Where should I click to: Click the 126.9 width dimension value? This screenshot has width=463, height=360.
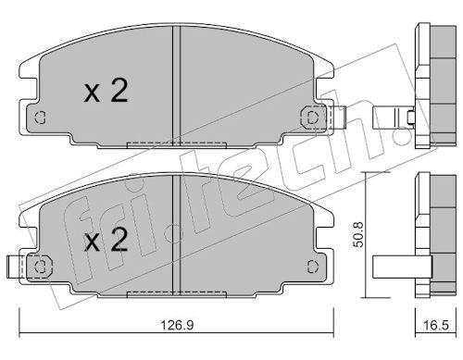click(x=178, y=325)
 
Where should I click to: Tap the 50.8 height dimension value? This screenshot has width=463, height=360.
click(x=358, y=234)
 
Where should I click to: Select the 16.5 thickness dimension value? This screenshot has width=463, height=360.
click(x=436, y=325)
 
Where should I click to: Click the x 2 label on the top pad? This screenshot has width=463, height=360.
click(x=106, y=90)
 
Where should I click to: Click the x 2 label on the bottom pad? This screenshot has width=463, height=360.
click(x=106, y=240)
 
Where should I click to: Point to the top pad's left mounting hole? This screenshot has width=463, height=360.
click(x=40, y=118)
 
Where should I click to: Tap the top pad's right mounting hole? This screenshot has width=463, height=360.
click(x=313, y=118)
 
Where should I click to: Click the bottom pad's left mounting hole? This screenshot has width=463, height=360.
click(x=40, y=267)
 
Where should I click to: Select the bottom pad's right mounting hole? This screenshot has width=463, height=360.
click(x=313, y=267)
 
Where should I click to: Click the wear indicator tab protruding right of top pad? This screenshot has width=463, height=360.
click(x=339, y=118)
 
